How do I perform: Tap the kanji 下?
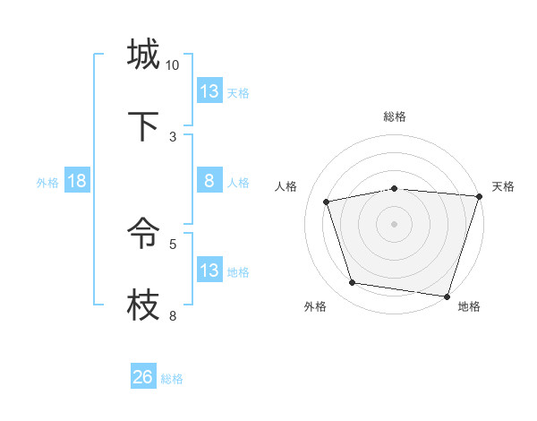point(143,126)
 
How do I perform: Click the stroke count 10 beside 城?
point(173,65)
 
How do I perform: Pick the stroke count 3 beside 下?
point(173,136)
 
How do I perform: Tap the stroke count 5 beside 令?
point(173,243)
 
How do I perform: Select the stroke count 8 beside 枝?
point(173,315)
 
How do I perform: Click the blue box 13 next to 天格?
point(209,91)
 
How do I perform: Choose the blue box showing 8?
point(209,181)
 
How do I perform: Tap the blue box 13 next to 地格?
point(209,271)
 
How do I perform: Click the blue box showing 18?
point(77,181)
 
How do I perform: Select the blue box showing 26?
point(143,377)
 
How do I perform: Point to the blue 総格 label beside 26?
point(172,379)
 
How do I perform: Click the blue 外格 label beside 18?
point(47,183)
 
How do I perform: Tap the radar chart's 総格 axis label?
point(394,116)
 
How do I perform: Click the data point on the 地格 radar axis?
point(447,296)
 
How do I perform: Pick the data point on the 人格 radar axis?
point(327,202)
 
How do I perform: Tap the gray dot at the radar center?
point(394,223)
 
